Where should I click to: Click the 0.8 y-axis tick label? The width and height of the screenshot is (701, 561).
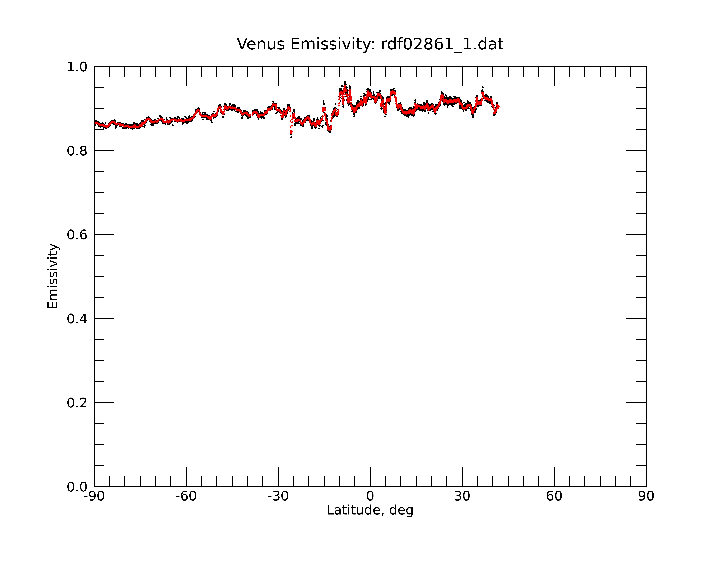pos(77,151)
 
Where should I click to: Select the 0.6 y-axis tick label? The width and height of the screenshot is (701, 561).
pos(77,235)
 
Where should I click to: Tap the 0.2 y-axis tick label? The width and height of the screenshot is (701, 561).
pos(77,403)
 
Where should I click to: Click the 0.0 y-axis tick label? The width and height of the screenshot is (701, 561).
pos(77,487)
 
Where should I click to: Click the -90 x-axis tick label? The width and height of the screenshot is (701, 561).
pos(94,496)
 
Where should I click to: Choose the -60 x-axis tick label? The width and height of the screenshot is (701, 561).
pos(186,496)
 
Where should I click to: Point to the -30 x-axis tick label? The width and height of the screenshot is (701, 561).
pos(278,496)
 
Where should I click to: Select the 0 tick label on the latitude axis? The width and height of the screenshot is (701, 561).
pos(370,496)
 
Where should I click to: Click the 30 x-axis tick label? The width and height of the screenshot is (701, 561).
pos(462,496)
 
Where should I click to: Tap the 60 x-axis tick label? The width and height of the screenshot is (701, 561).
pos(554,496)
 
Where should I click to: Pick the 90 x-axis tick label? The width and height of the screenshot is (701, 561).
pos(646,496)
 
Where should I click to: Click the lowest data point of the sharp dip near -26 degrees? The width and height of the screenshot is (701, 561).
pos(291,137)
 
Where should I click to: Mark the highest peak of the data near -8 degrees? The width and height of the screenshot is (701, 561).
pos(345,82)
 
